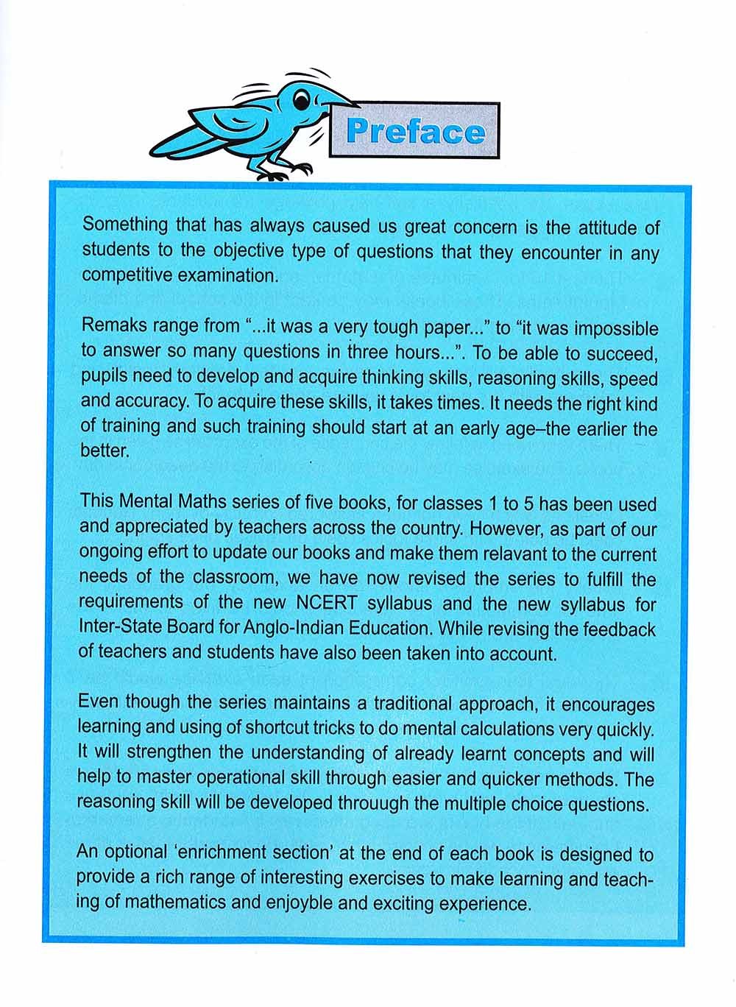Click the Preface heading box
point(415,131)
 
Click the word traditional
point(390,704)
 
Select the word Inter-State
point(117,629)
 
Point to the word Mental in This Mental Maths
point(144,504)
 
